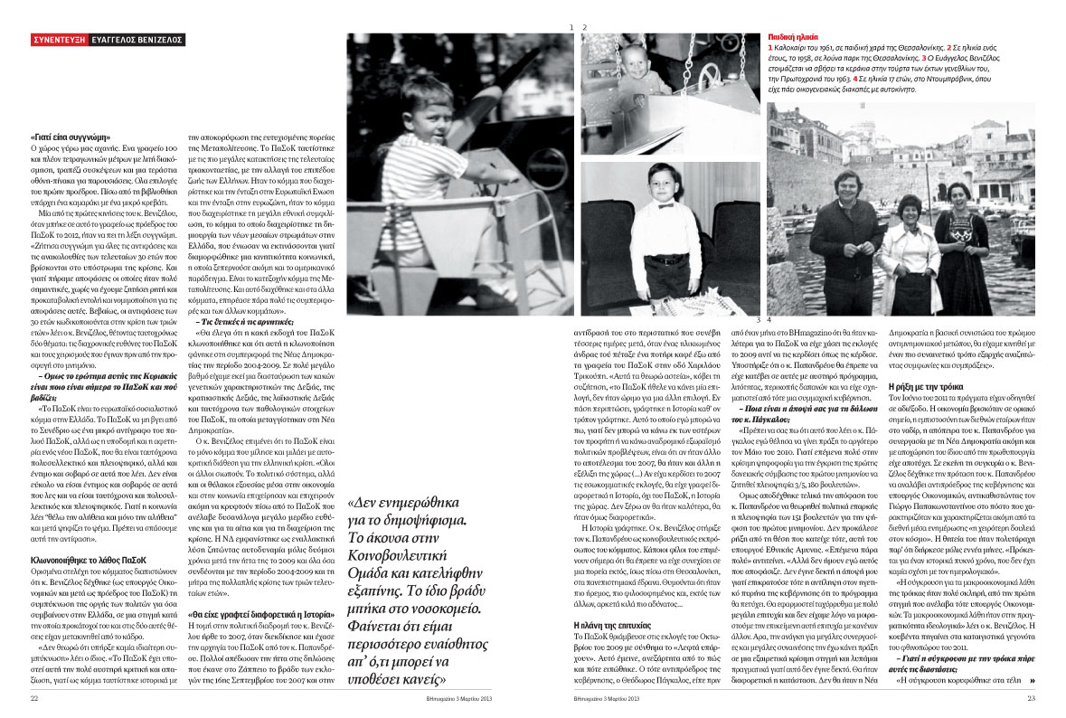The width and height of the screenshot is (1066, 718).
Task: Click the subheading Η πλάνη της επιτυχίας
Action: [x=613, y=624]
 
